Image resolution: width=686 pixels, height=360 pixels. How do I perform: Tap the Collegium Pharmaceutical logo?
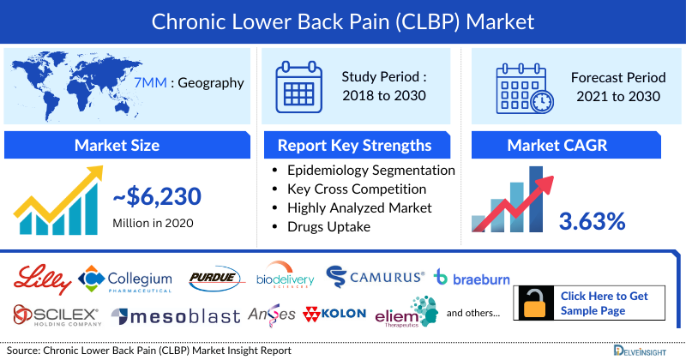[x=125, y=279]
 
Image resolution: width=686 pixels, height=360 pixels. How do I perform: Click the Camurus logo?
[x=376, y=277]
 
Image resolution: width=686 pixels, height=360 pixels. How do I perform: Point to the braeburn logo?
[x=470, y=277]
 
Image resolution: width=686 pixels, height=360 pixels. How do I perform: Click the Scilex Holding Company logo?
[x=57, y=315]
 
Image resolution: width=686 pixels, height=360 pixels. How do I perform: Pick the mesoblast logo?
[x=177, y=315]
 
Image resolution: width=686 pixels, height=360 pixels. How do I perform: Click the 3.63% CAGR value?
[x=592, y=220]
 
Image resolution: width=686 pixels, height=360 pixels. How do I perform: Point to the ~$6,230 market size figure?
[x=157, y=197]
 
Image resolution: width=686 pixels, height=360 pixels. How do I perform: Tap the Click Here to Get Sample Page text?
[x=605, y=303]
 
